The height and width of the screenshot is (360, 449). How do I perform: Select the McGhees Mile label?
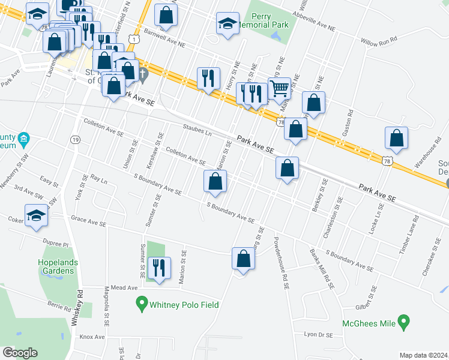click(369, 323)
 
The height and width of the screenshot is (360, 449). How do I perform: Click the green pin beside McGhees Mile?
click(404, 323)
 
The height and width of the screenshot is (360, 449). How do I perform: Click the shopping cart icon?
click(279, 88)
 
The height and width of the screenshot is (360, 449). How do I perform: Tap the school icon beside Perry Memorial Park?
click(228, 24)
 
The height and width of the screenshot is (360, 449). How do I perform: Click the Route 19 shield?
click(76, 139)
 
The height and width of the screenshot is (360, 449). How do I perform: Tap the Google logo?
click(20, 352)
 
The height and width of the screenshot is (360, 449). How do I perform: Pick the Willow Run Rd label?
click(379, 41)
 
